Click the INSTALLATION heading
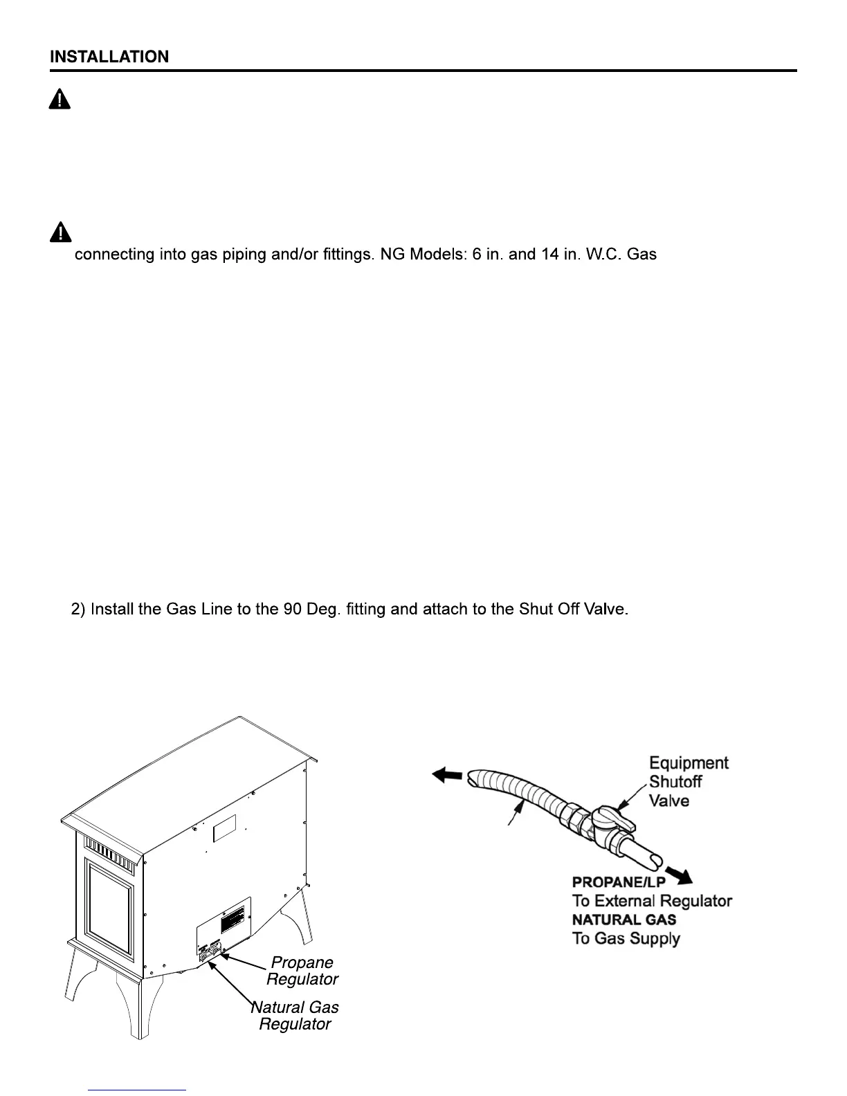(109, 57)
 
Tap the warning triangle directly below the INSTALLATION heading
(60, 100)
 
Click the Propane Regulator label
(302, 971)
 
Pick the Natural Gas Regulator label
(295, 1016)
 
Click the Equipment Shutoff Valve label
(688, 782)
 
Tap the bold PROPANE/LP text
(618, 882)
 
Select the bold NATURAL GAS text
(623, 920)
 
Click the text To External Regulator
(651, 901)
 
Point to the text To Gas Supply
(626, 939)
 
